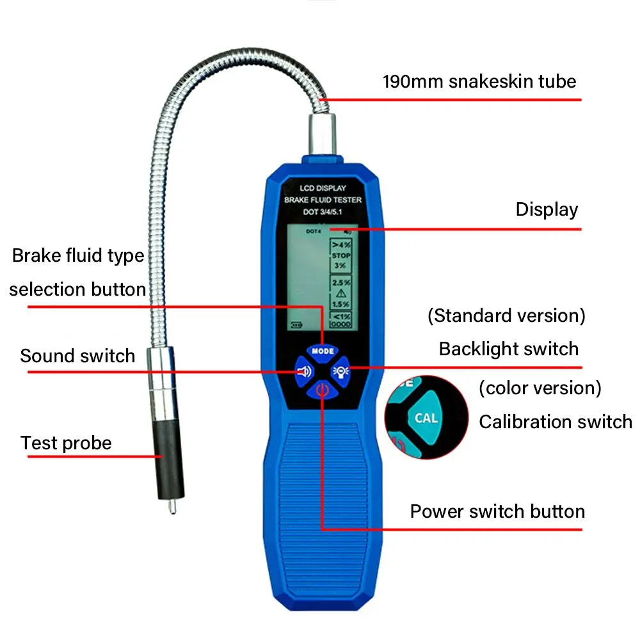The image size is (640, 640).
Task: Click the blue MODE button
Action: click(x=323, y=351)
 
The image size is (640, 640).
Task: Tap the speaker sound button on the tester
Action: click(x=304, y=372)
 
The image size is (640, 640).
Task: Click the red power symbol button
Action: click(x=322, y=390)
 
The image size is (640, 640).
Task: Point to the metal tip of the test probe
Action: click(x=172, y=506)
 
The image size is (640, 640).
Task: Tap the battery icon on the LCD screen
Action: click(x=296, y=325)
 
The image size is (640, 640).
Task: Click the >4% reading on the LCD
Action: click(x=341, y=245)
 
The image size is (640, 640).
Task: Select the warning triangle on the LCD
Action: click(x=341, y=293)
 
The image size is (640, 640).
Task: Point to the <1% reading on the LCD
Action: click(x=342, y=316)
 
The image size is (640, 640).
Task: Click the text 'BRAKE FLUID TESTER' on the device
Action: click(x=323, y=200)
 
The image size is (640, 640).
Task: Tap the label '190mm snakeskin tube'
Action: click(x=479, y=82)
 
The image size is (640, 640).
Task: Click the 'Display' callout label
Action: click(x=547, y=210)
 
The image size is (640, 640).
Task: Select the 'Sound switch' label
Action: click(x=77, y=356)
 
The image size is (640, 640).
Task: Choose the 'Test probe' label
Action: click(x=66, y=444)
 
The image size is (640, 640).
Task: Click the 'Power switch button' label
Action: click(x=497, y=511)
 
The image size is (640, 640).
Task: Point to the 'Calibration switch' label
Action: click(x=556, y=422)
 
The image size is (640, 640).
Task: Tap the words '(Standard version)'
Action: click(x=506, y=316)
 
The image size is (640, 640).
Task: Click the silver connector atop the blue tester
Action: click(x=322, y=134)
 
